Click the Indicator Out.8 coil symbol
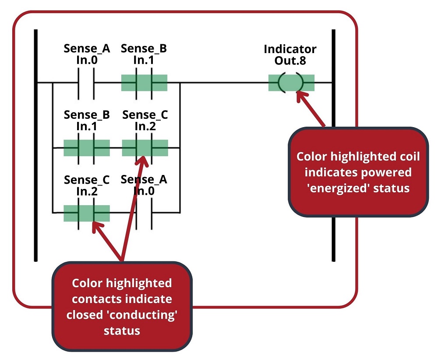click(x=291, y=82)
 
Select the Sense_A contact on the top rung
click(x=86, y=82)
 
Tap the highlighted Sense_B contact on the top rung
click(x=144, y=82)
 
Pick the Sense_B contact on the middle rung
click(x=86, y=148)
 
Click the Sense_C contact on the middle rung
click(x=145, y=148)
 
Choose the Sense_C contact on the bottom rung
click(x=86, y=213)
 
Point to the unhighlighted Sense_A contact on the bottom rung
click(x=145, y=213)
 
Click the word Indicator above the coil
click(x=290, y=49)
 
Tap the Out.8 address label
click(x=290, y=61)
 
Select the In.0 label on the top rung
click(x=86, y=60)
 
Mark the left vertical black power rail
click(x=35, y=145)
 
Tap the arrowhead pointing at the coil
click(x=300, y=95)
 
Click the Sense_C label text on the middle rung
click(x=145, y=115)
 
